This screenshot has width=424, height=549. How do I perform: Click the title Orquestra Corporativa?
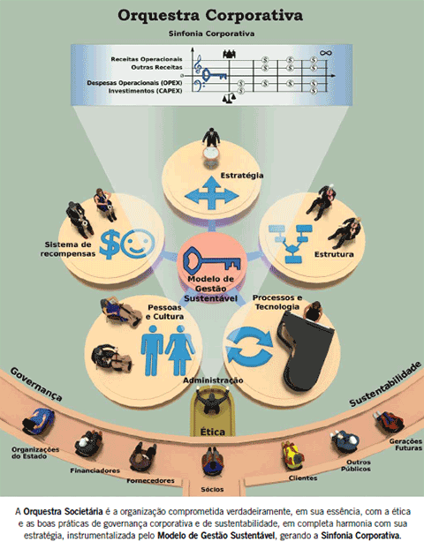(x=210, y=16)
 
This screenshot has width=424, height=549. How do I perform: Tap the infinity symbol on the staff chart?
(x=326, y=53)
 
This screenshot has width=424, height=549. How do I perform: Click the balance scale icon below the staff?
(x=229, y=98)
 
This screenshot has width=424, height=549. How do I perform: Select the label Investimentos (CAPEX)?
(x=145, y=91)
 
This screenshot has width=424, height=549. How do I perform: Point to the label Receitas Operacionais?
(x=147, y=59)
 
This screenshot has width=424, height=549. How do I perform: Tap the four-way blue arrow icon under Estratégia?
(x=211, y=193)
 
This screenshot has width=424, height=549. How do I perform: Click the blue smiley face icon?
(x=138, y=244)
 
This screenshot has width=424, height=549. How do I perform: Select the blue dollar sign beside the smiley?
(x=110, y=244)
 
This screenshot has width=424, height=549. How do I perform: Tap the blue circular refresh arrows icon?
(x=249, y=345)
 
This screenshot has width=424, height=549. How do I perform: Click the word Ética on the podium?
(x=212, y=432)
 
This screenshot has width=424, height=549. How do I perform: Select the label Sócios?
(x=212, y=489)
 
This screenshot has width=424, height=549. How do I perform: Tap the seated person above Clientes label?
(x=292, y=455)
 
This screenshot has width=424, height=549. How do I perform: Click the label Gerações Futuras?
(x=405, y=445)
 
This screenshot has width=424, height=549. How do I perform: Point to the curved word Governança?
(x=36, y=384)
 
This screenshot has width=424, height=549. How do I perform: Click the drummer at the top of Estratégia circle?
(x=211, y=144)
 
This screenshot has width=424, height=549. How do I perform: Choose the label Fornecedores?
(x=151, y=481)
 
